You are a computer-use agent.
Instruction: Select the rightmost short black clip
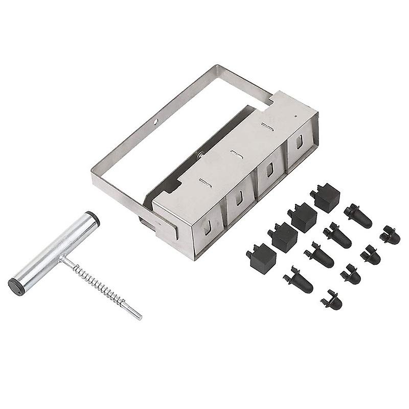[x=390, y=234]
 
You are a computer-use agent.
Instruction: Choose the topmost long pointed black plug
[x=358, y=215]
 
